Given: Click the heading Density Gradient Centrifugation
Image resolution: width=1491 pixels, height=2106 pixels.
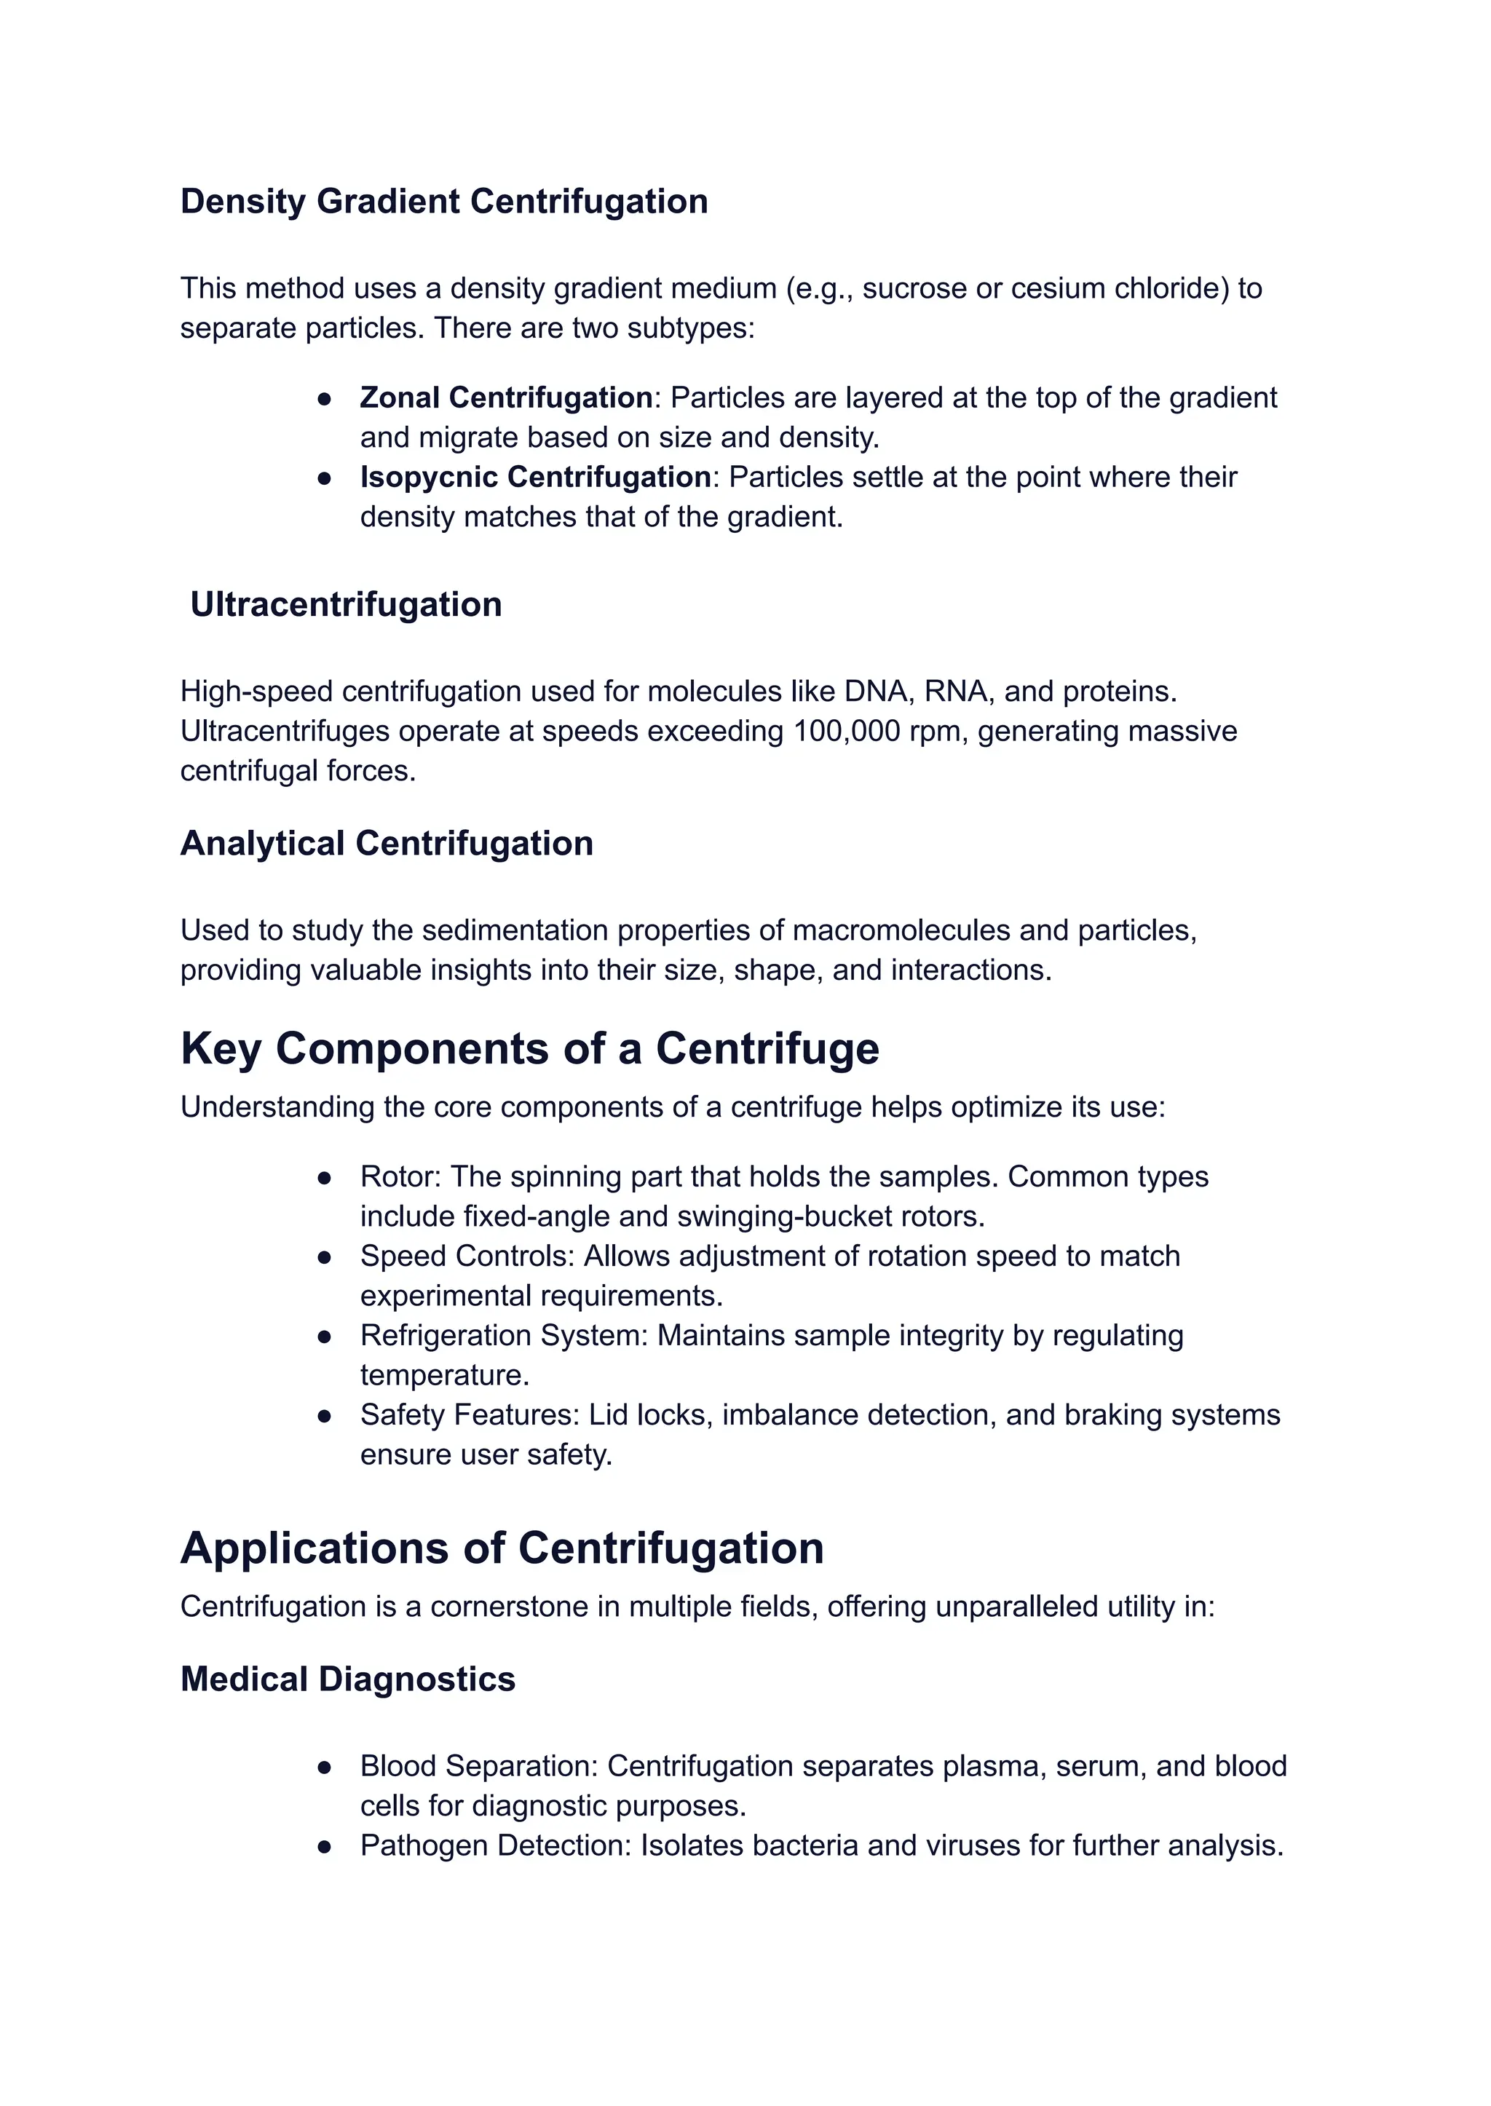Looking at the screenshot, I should (x=443, y=202).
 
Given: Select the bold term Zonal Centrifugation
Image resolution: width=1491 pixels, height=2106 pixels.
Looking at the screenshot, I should (x=506, y=397).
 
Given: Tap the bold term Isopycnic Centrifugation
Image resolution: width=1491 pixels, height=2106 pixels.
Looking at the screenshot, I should (x=535, y=478).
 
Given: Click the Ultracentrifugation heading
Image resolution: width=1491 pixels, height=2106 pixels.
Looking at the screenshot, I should (x=346, y=605).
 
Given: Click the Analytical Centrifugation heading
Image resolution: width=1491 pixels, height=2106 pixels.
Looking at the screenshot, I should (x=387, y=844).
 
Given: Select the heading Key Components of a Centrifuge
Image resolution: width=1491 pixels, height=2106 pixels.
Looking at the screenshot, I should (x=530, y=1048).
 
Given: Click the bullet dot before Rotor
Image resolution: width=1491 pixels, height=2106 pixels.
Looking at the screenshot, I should (x=324, y=1178).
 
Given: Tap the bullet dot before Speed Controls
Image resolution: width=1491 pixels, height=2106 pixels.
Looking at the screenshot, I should (x=324, y=1256).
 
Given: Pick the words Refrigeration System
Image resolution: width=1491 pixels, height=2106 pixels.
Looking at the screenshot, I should (x=504, y=1336).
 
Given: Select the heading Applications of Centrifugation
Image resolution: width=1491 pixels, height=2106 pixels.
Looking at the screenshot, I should (x=502, y=1548).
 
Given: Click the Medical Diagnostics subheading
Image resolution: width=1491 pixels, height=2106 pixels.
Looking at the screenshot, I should (x=348, y=1679).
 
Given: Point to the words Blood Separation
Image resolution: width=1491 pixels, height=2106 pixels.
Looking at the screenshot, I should (x=478, y=1766).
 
